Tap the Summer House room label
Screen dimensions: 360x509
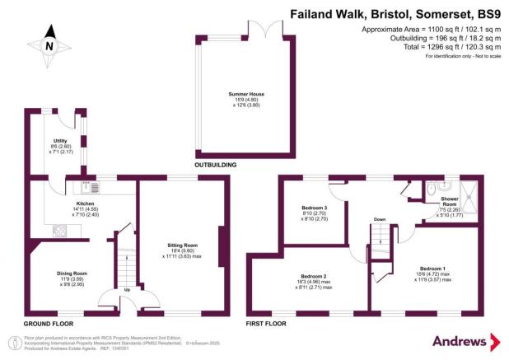coord(246,95)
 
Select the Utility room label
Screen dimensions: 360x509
coord(60,141)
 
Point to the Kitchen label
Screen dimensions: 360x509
coord(86,203)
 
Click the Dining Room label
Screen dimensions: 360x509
coord(72,274)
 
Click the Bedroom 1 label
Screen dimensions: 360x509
coord(433,269)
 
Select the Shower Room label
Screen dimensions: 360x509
coord(449,200)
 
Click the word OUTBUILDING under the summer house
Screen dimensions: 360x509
coord(216,166)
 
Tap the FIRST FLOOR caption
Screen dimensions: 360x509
coord(266,324)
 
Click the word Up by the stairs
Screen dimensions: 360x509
coord(126,290)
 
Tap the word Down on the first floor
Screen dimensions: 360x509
coord(380,220)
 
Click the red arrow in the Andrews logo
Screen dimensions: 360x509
coord(494,342)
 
